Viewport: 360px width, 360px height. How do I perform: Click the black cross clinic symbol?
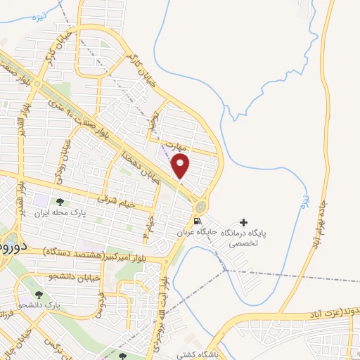244,222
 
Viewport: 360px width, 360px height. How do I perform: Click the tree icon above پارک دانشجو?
38,295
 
